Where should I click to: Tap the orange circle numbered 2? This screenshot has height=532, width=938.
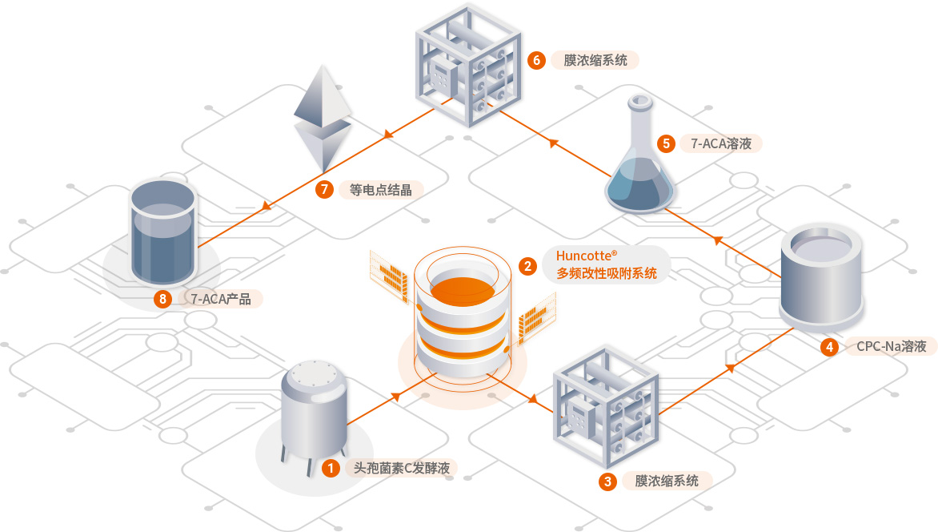point(527,265)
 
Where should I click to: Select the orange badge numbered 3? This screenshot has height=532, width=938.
point(608,482)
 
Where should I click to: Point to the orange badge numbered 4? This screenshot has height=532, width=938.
point(830,347)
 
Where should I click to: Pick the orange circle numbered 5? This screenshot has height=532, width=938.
point(666,144)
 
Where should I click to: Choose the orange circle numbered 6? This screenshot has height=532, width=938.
point(537,60)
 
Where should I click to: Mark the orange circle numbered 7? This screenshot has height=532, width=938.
point(324,190)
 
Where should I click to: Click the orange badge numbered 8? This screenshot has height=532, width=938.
point(163,300)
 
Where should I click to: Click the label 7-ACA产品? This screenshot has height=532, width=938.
point(221,300)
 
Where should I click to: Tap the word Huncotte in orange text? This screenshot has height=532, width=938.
point(583,257)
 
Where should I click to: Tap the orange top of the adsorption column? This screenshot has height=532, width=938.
point(461,286)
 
